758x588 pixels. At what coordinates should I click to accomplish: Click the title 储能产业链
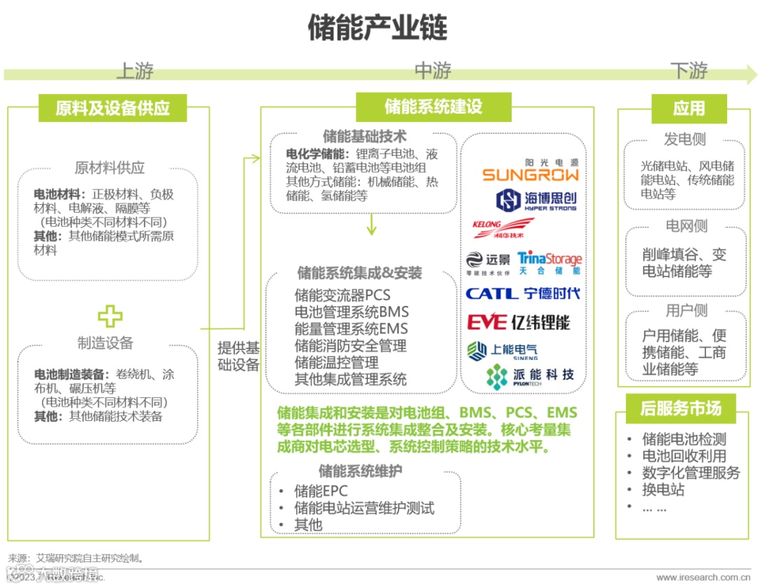[378, 29]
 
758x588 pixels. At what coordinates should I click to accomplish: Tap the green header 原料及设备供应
[112, 109]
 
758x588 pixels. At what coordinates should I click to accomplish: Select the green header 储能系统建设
[433, 107]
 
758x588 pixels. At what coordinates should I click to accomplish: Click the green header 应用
[689, 108]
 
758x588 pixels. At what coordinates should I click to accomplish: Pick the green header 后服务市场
[679, 408]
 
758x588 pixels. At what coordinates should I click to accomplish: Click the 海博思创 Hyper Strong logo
[536, 201]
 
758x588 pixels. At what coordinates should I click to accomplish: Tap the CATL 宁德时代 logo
[523, 293]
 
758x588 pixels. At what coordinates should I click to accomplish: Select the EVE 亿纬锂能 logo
[519, 322]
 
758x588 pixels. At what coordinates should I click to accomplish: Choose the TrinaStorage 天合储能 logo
[550, 263]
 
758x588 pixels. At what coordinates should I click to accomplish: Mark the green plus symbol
[109, 316]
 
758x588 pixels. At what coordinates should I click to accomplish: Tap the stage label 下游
[689, 71]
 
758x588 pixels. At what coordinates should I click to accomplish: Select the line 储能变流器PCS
[342, 294]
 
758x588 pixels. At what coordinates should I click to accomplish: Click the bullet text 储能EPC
[321, 490]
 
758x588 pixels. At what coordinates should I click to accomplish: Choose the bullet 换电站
[663, 490]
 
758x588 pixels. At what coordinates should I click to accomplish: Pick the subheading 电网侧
[686, 226]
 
